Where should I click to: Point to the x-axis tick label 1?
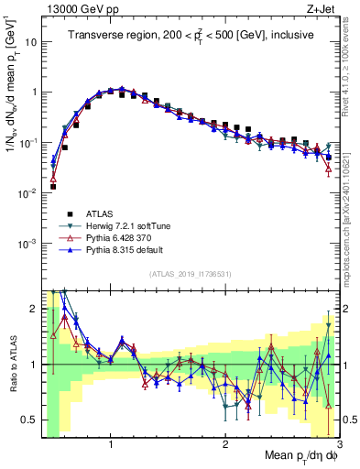tap(111, 444)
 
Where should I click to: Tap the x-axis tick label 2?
tap(225, 444)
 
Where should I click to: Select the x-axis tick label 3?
tap(338, 444)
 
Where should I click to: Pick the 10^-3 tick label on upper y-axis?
tap(28, 244)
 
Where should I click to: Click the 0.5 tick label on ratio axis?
tap(27, 420)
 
